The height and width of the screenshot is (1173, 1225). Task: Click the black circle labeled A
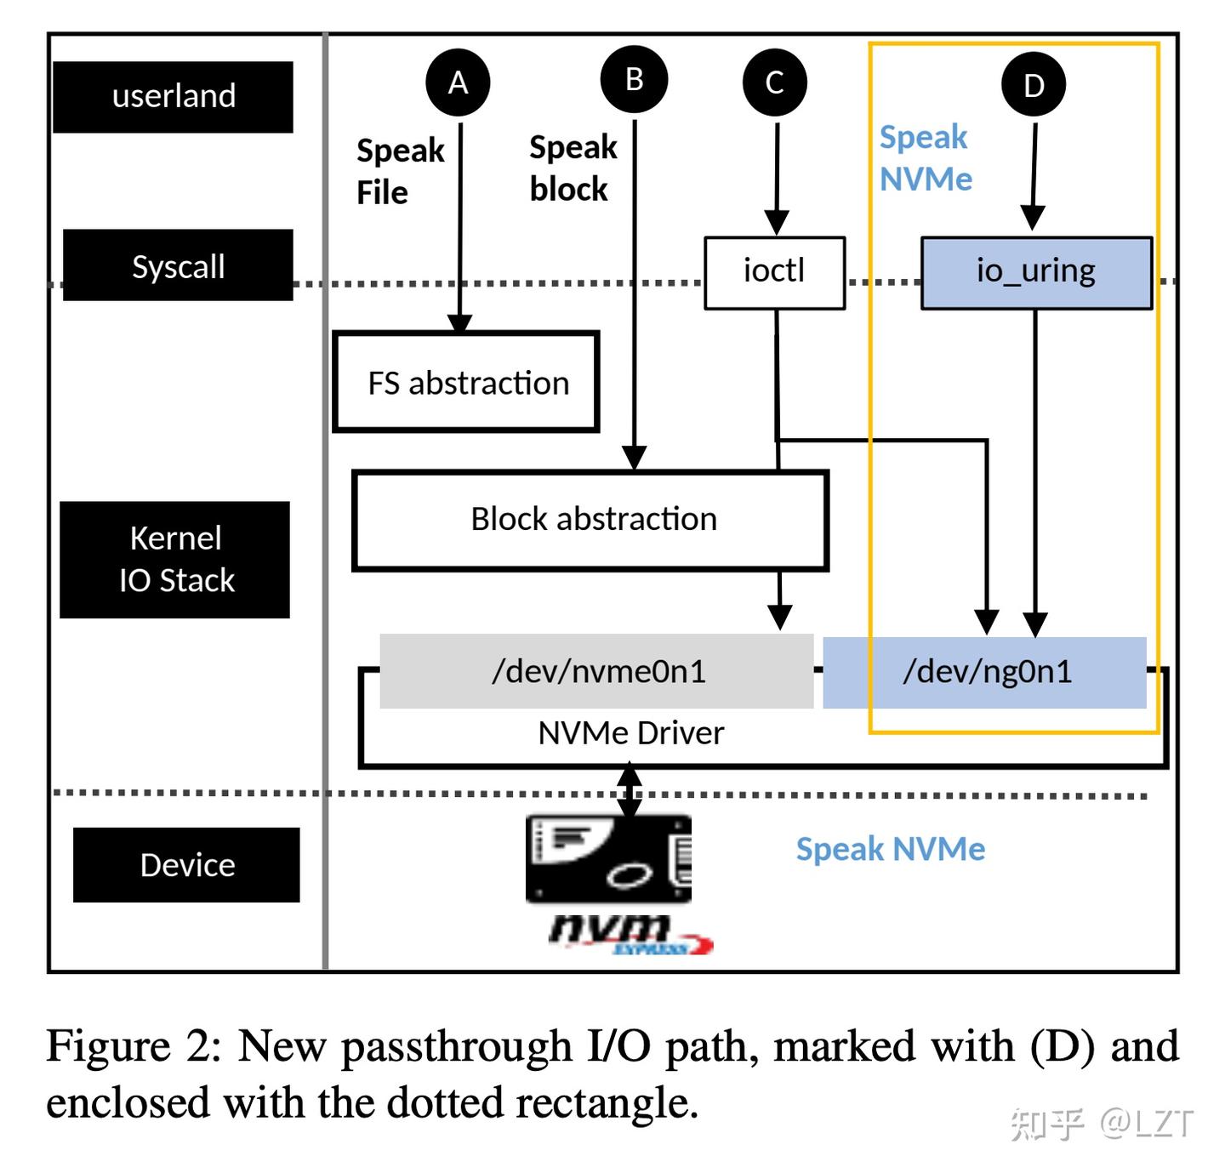pyautogui.click(x=458, y=83)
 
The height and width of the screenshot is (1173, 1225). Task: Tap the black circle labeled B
pyautogui.click(x=634, y=79)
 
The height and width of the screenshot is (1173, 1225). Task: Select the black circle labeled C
pyautogui.click(x=774, y=83)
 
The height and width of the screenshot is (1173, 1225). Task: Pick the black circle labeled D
pyautogui.click(x=1034, y=84)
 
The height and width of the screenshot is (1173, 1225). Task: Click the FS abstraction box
pyautogui.click(x=466, y=382)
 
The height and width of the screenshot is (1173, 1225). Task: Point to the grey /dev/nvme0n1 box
pyautogui.click(x=596, y=671)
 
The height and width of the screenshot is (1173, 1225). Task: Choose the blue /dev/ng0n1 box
pyautogui.click(x=985, y=671)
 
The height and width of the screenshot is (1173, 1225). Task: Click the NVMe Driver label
pyautogui.click(x=630, y=733)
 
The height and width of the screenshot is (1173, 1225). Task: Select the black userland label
pyautogui.click(x=174, y=96)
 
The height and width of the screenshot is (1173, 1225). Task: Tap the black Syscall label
pyautogui.click(x=178, y=265)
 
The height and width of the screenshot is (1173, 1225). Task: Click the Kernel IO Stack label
pyautogui.click(x=175, y=559)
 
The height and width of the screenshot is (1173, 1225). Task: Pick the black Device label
pyautogui.click(x=186, y=864)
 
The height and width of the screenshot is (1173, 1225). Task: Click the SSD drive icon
pyautogui.click(x=608, y=858)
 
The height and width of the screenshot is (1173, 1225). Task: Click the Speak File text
pyautogui.click(x=400, y=171)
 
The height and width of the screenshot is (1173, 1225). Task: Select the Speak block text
pyautogui.click(x=573, y=168)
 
